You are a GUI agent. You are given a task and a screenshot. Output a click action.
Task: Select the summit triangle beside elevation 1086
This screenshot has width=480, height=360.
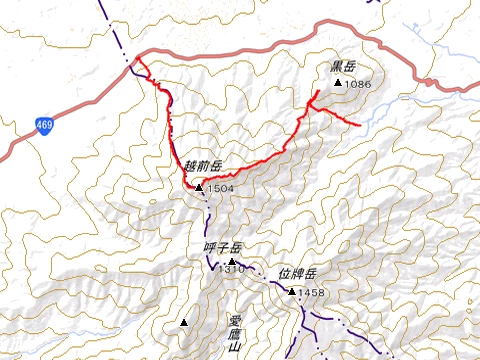(338, 83)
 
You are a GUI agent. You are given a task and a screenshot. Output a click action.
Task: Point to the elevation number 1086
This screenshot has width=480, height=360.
(358, 84)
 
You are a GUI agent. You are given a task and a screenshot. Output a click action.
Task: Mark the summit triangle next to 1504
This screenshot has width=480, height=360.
(200, 187)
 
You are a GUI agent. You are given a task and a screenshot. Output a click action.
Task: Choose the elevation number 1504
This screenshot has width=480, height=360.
(221, 188)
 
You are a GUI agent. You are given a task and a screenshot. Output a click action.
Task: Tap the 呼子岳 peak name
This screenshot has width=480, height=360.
(223, 248)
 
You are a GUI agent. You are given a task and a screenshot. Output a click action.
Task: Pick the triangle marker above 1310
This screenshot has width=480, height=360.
(232, 261)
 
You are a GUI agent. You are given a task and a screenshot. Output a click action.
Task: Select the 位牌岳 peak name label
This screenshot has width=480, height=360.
(297, 273)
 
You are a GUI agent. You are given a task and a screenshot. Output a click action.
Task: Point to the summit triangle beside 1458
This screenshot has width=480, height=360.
(291, 292)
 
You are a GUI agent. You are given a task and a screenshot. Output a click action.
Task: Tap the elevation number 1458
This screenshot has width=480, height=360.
(312, 292)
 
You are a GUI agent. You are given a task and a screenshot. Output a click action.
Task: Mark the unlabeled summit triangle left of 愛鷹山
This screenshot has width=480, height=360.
(185, 323)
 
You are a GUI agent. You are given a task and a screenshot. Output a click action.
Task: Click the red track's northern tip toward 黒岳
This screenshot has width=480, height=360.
(318, 92)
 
